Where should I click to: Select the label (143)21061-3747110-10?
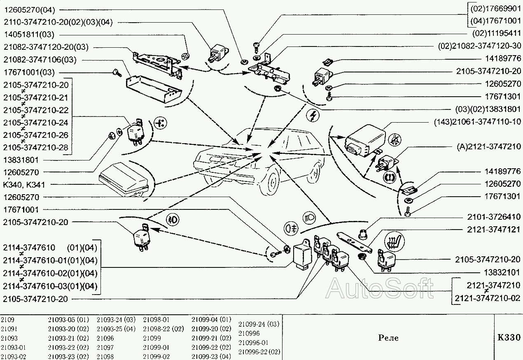[x=477, y=122]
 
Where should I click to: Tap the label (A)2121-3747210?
[x=489, y=146]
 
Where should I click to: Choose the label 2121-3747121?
[x=494, y=229]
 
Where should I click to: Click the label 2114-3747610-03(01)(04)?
[x=50, y=286]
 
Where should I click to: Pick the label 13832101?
[x=500, y=273]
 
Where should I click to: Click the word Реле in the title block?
[x=388, y=338]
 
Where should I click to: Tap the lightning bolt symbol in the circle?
[x=313, y=116]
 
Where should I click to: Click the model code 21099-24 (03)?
[x=259, y=324]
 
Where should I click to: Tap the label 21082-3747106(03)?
[x=40, y=60]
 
